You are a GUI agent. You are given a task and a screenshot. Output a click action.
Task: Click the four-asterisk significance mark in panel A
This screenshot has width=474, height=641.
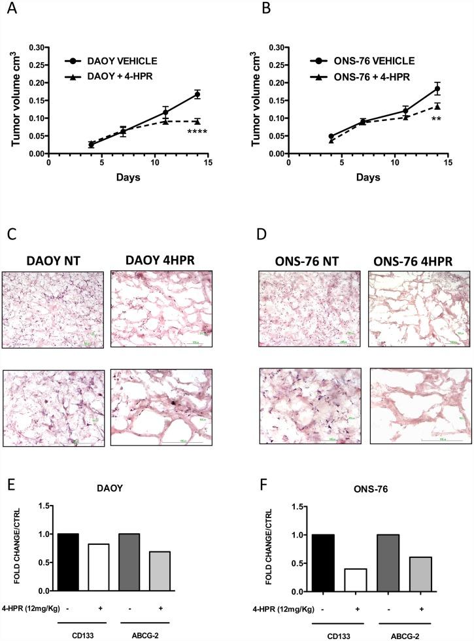[197, 132]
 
